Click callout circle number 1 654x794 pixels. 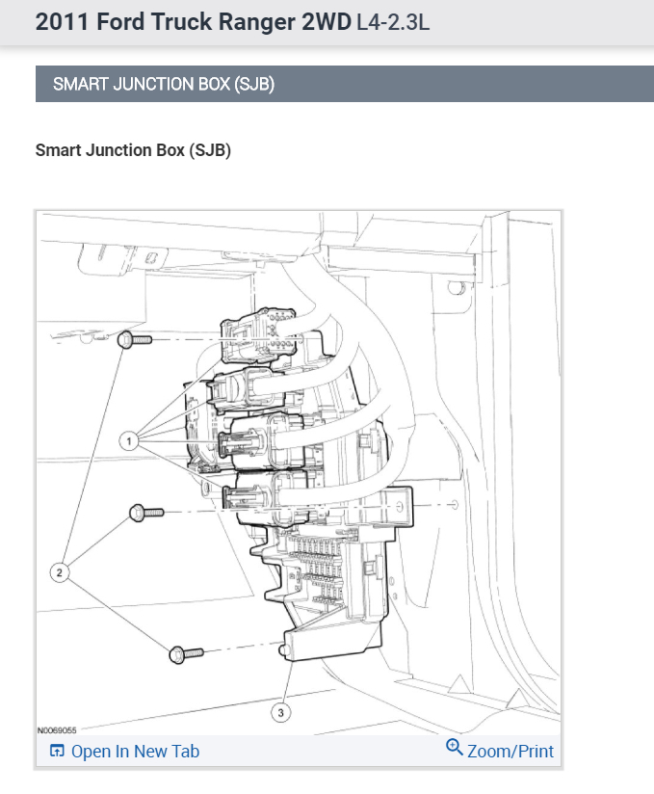[127, 440]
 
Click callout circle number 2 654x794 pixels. [60, 572]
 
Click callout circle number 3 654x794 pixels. [281, 712]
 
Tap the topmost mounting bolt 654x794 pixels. [136, 340]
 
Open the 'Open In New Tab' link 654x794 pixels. [135, 752]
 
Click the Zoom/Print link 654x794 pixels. [510, 751]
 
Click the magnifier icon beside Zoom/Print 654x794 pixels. [455, 748]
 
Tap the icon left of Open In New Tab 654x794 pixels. [57, 752]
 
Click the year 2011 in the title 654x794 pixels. [59, 22]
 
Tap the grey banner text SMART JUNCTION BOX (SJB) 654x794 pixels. [164, 84]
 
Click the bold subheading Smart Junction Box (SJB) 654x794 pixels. [133, 150]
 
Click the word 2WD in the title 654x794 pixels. [321, 22]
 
